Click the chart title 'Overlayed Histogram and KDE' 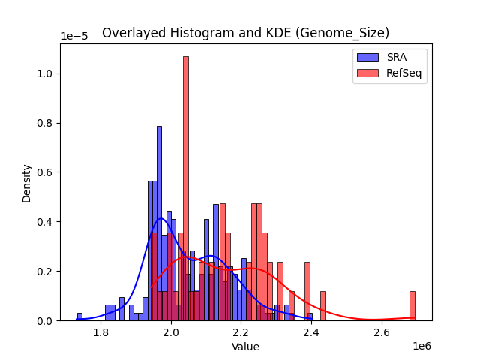point(245,33)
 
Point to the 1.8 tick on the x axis point(101,332)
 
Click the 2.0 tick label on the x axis point(171,332)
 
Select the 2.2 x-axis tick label point(241,332)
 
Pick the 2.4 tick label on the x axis point(312,332)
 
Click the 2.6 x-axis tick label point(382,332)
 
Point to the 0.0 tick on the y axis point(46,321)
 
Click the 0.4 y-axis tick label point(46,222)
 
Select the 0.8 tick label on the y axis point(46,123)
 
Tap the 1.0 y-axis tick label point(46,73)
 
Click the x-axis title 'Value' point(245,347)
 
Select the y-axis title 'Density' point(27,183)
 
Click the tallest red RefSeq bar point(186,187)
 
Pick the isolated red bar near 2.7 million point(412,306)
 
